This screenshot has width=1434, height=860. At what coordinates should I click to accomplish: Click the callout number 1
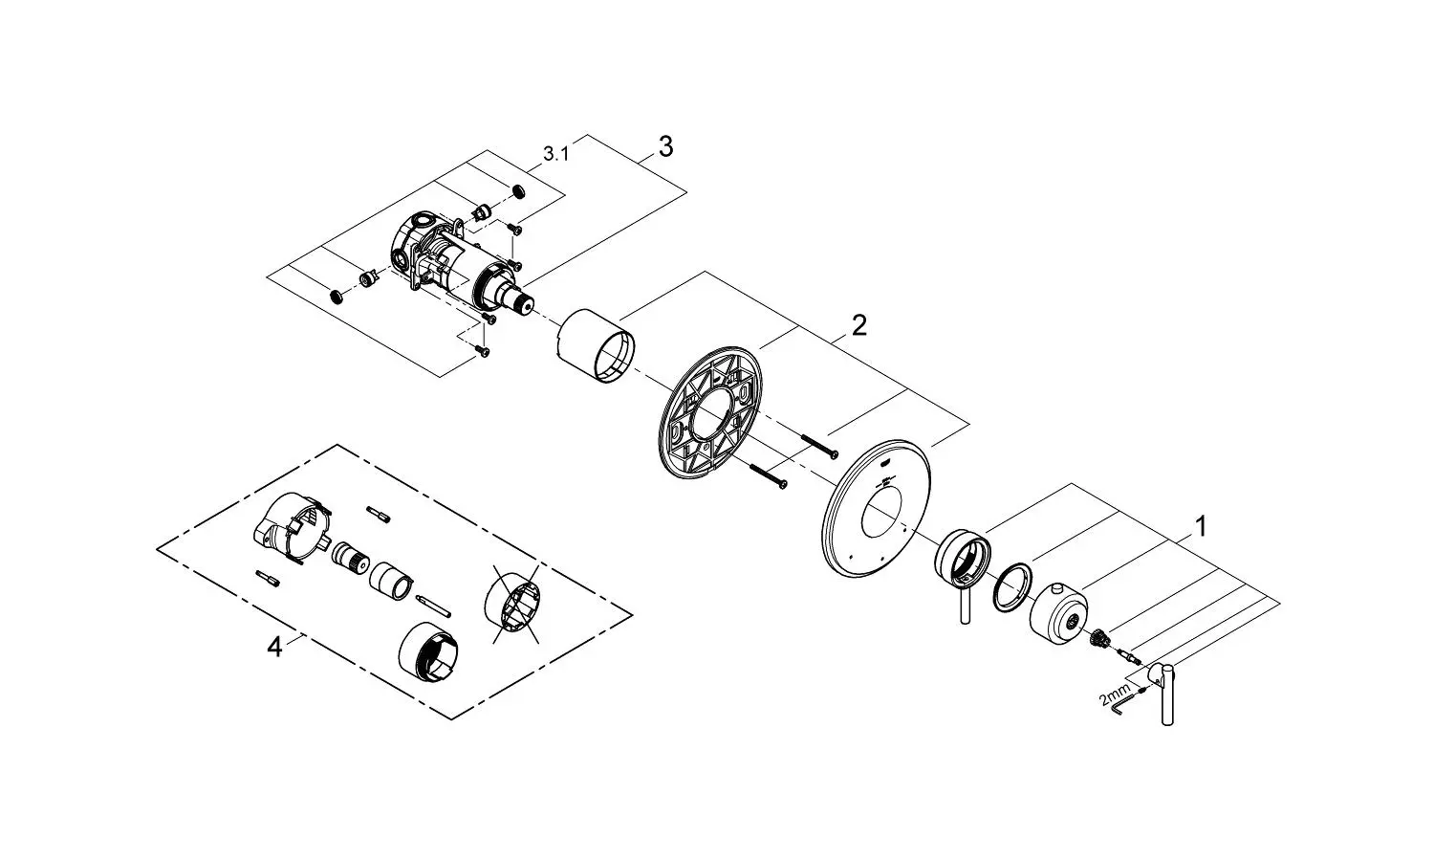[1200, 526]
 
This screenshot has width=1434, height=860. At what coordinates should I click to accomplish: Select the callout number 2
[858, 325]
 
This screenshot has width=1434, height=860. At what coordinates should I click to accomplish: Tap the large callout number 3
[665, 146]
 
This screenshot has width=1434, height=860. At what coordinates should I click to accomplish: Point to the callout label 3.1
[555, 153]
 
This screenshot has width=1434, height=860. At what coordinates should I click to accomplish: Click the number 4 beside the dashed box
[274, 648]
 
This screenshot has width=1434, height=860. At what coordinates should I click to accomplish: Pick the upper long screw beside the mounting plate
[820, 445]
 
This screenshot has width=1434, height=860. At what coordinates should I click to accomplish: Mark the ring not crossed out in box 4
[434, 653]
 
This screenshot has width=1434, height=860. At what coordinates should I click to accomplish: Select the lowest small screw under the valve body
[484, 353]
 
